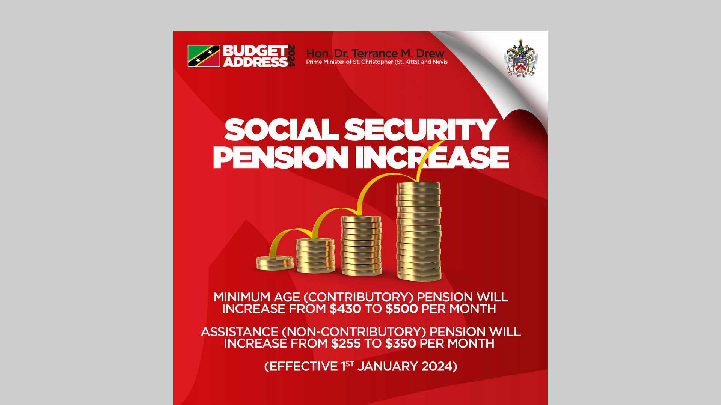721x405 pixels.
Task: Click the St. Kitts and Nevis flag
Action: pos(204,56)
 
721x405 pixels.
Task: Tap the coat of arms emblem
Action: pos(520,59)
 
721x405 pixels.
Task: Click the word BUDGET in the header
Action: pos(255,51)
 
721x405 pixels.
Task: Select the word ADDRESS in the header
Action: pos(255,62)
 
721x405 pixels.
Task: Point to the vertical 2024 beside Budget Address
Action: pos(292,56)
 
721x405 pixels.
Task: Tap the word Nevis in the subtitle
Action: pos(440,62)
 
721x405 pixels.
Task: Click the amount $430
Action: pos(345,309)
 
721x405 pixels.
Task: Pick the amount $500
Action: pos(401,309)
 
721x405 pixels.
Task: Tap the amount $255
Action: pos(346,343)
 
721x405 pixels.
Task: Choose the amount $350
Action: pos(401,343)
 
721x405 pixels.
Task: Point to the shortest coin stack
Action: pos(275,263)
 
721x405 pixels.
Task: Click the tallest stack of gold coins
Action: pos(419,231)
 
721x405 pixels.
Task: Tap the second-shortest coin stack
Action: pos(315,255)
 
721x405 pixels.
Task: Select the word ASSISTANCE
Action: pos(240,332)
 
